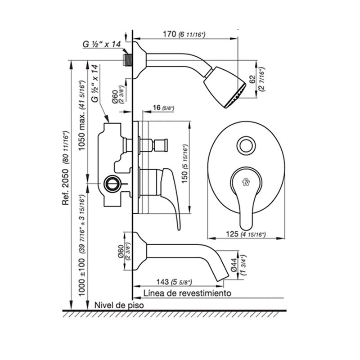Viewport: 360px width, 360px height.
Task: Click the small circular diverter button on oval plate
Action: [x=246, y=145]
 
